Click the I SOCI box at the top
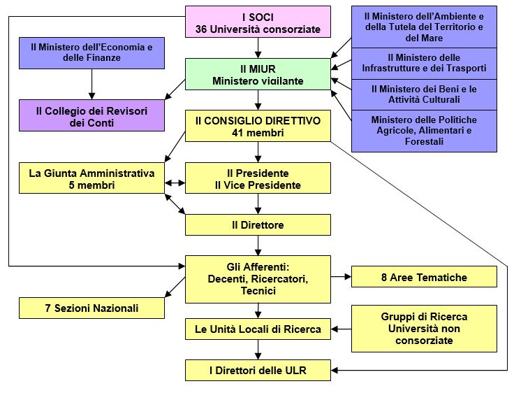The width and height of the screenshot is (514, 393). (258, 22)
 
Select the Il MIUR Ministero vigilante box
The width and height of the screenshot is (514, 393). (258, 74)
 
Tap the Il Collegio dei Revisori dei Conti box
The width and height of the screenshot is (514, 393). (91, 116)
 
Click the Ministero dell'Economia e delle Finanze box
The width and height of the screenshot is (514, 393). (91, 52)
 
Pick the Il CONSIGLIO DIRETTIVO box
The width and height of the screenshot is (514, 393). (258, 127)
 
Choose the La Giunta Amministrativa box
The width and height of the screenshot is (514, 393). (91, 179)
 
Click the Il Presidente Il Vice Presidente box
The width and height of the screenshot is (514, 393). (258, 179)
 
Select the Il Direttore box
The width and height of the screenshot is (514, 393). (258, 225)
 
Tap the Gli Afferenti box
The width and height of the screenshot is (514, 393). (258, 278)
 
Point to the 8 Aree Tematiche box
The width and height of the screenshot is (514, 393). (424, 277)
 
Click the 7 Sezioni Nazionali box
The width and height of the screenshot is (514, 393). (91, 308)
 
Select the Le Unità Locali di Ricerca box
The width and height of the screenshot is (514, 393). (258, 329)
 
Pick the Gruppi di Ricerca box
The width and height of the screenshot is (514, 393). (424, 329)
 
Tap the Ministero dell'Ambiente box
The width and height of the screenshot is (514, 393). (424, 26)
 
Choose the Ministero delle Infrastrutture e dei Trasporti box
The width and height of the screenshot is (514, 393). (424, 63)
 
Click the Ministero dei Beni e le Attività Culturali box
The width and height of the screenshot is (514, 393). (424, 94)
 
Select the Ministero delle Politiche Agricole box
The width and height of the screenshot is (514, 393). (424, 131)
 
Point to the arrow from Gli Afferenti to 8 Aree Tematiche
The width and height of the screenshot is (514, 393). (341, 277)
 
